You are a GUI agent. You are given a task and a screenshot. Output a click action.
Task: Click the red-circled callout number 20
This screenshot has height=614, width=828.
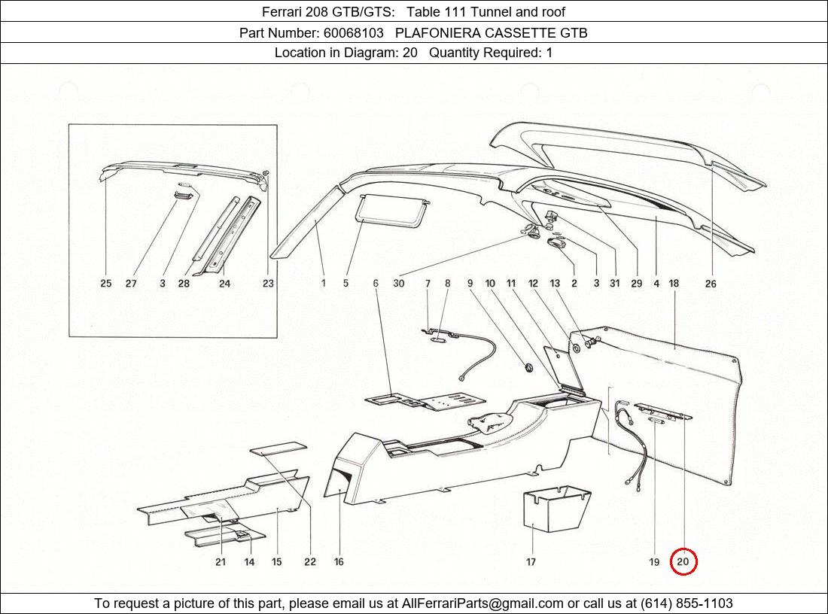click(x=683, y=562)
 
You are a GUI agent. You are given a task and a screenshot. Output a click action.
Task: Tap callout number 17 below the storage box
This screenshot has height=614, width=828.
click(x=531, y=562)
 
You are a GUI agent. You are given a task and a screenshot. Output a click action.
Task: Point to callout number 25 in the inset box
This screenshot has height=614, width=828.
click(x=106, y=284)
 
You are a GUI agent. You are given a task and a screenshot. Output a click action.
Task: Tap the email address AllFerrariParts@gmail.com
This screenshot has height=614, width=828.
click(x=482, y=603)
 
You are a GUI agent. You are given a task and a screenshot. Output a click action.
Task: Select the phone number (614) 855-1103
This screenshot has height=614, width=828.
click(x=686, y=603)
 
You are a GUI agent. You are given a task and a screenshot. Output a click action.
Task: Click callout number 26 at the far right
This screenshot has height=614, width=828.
click(x=711, y=284)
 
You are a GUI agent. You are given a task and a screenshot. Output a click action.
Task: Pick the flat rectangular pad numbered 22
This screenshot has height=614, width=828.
click(x=279, y=448)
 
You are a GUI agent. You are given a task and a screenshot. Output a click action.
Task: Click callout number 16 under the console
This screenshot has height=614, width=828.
click(x=339, y=562)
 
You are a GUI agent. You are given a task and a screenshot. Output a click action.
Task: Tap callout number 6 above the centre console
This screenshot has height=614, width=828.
click(x=376, y=284)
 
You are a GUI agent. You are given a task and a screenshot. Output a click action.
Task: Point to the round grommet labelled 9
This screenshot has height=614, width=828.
click(x=528, y=366)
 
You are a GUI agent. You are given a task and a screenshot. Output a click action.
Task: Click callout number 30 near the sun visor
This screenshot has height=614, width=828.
click(x=399, y=284)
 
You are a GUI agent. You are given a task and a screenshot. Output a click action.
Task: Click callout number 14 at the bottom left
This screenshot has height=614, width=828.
click(x=249, y=562)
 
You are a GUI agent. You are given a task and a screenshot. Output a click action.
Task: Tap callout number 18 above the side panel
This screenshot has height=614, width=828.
click(x=674, y=284)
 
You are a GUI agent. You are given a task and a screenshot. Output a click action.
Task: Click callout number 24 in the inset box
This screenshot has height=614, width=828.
click(x=224, y=284)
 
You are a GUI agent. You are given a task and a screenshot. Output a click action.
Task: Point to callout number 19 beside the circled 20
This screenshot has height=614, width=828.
click(x=654, y=562)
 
